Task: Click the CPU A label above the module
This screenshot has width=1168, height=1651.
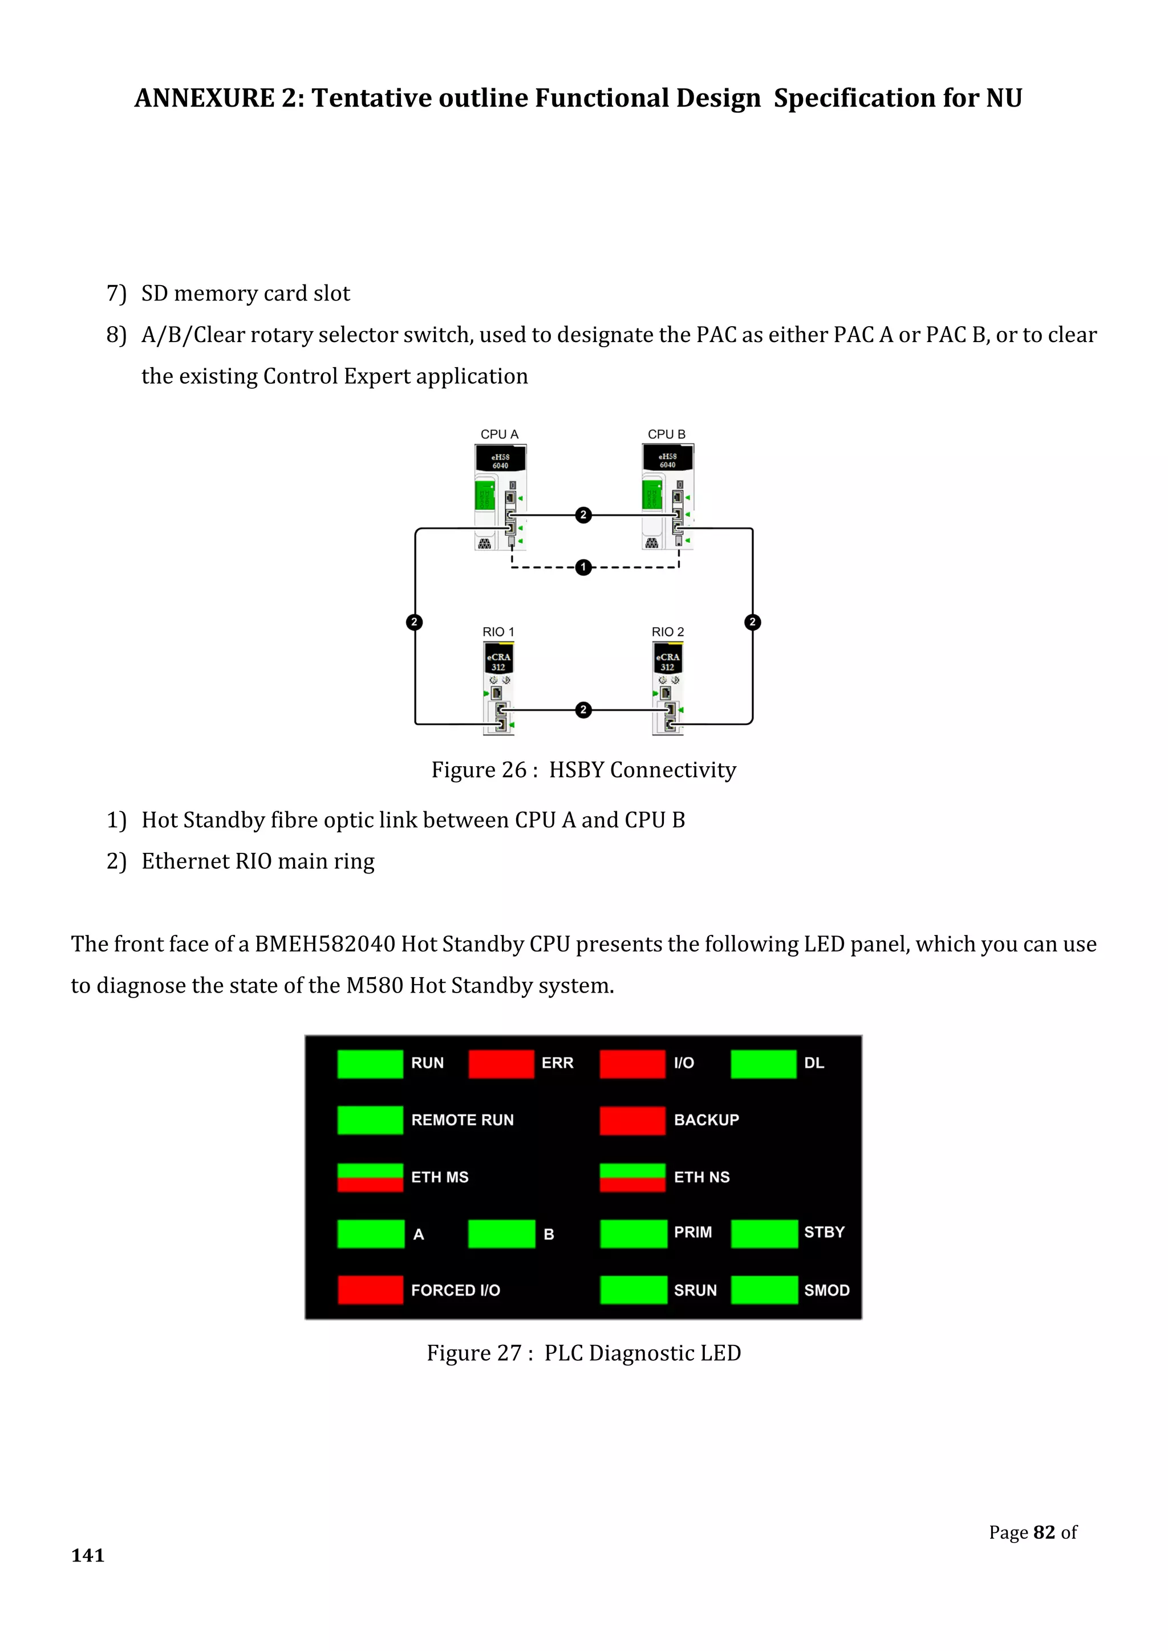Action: (x=499, y=434)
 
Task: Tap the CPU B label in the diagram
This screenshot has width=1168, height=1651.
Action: (x=666, y=434)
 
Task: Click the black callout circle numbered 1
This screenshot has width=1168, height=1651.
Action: (x=583, y=567)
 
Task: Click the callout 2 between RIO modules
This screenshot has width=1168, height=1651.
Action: (x=583, y=710)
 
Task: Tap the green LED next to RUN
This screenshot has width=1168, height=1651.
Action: (x=370, y=1063)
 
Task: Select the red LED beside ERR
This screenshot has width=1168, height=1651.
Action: (x=501, y=1063)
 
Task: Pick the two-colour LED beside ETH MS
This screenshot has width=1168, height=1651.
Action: (x=370, y=1177)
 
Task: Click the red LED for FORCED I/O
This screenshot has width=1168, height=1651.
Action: (x=370, y=1290)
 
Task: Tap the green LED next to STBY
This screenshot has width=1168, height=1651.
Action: (x=764, y=1233)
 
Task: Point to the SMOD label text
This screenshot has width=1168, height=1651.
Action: (x=826, y=1290)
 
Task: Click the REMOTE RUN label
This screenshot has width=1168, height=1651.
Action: (x=463, y=1120)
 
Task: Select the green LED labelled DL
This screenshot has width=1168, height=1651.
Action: (x=763, y=1063)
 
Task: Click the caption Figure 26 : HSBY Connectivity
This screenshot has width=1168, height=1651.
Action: (x=583, y=770)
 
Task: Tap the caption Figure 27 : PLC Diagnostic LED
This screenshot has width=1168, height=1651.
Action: (x=583, y=1353)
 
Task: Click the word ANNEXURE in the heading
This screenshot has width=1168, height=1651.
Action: (x=204, y=98)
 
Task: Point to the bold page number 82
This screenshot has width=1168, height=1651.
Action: (x=1044, y=1532)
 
